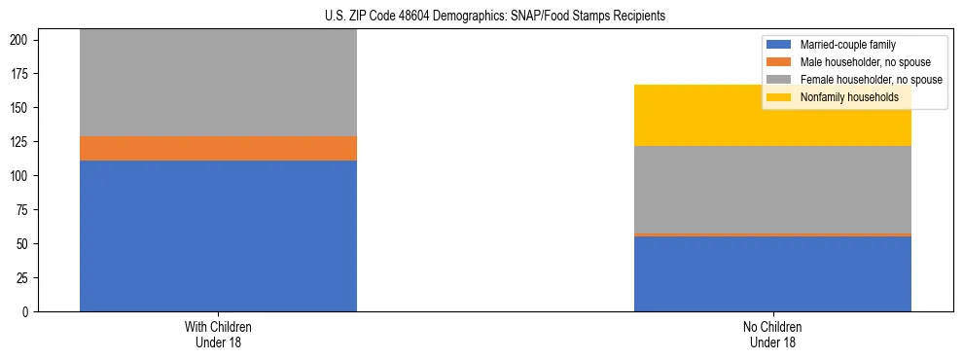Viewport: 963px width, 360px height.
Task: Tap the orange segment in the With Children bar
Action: click(218, 148)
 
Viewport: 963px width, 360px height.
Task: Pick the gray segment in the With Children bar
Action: click(218, 83)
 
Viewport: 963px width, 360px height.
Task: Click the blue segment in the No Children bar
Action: click(772, 273)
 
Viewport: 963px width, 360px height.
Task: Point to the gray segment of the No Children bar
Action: click(772, 190)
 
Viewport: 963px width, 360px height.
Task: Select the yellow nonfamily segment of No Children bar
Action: click(772, 115)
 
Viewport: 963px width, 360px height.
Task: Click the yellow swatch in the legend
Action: click(779, 97)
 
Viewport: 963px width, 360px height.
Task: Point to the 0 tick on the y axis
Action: click(27, 312)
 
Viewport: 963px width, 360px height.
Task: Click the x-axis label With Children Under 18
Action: click(218, 334)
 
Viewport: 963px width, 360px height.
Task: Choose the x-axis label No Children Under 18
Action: click(772, 334)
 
